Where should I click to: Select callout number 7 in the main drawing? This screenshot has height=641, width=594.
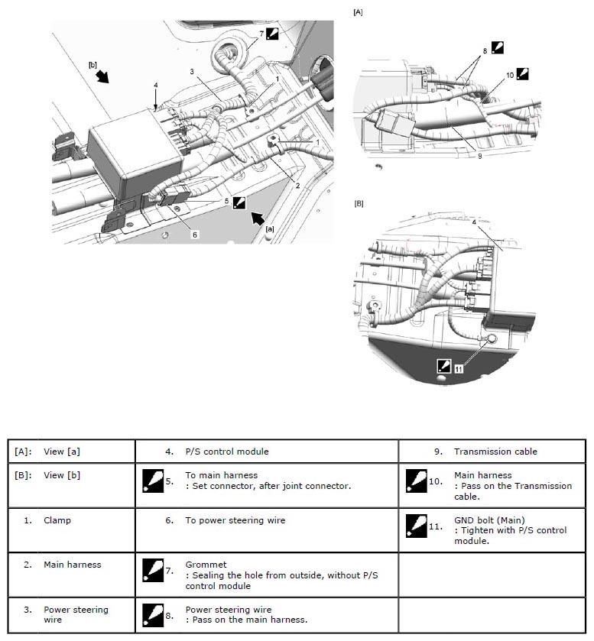pyautogui.click(x=261, y=34)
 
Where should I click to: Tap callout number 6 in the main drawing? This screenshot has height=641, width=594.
pyautogui.click(x=195, y=235)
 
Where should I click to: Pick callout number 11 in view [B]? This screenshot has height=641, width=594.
pyautogui.click(x=458, y=368)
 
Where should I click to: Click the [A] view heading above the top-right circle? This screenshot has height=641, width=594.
pyautogui.click(x=357, y=12)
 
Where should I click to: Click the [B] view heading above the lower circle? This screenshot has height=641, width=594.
pyautogui.click(x=358, y=204)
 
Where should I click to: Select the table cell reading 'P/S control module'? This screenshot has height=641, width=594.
pyautogui.click(x=228, y=452)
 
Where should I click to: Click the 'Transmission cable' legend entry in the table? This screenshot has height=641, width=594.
pyautogui.click(x=495, y=452)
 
